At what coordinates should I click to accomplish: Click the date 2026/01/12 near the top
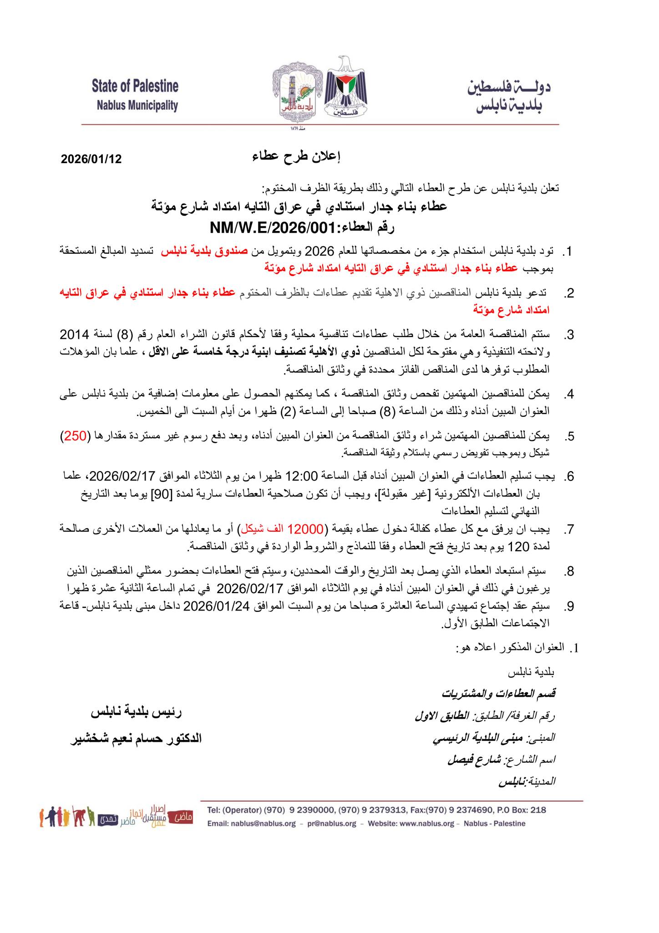click(x=91, y=159)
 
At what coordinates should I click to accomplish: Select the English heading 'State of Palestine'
click(x=135, y=86)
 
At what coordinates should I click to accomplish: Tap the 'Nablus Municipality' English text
click(x=137, y=106)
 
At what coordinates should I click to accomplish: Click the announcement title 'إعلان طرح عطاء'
click(x=296, y=157)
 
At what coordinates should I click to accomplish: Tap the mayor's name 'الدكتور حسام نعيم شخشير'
click(x=136, y=739)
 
